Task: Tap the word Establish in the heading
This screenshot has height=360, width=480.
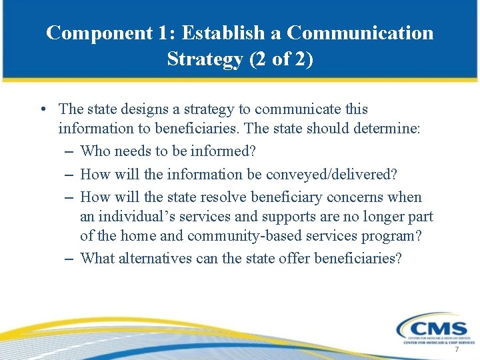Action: click(215, 33)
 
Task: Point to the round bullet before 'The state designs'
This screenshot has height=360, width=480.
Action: click(42, 109)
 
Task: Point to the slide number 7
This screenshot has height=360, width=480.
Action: click(457, 350)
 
